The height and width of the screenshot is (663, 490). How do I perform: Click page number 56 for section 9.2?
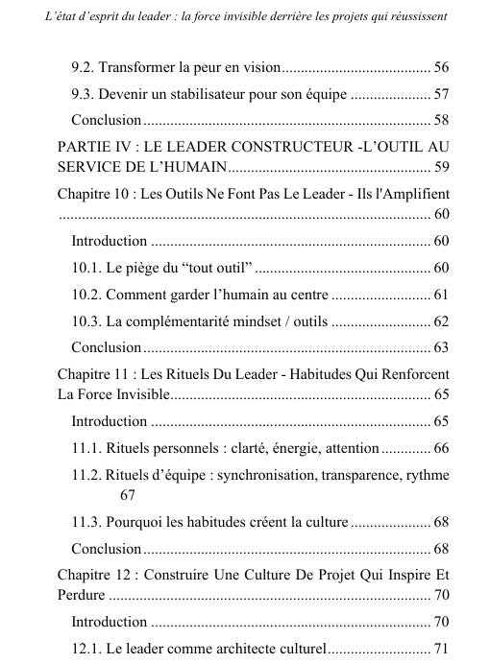click(442, 68)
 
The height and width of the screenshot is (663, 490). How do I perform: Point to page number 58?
click(442, 121)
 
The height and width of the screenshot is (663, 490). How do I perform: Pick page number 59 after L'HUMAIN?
click(442, 168)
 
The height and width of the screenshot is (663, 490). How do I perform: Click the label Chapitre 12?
click(94, 575)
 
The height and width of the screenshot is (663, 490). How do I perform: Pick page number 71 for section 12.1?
click(442, 648)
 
